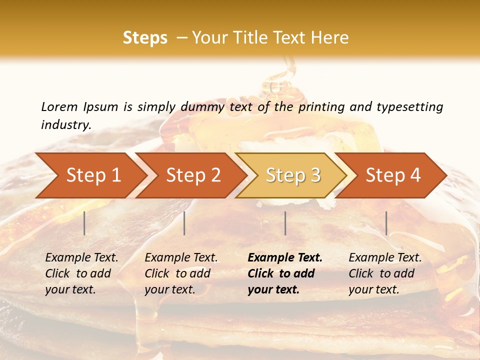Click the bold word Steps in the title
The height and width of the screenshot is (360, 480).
145,38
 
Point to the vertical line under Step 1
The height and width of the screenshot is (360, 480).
84,223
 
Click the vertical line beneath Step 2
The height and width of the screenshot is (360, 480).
184,223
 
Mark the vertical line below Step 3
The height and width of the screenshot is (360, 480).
285,223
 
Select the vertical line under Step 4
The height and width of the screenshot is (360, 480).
386,223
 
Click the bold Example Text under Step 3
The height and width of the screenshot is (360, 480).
285,273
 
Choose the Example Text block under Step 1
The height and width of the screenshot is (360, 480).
81,273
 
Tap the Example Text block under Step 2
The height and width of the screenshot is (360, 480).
181,273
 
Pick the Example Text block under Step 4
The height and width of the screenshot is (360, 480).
385,273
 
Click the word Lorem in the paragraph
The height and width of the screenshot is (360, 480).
59,107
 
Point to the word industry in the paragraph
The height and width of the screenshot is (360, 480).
66,125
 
